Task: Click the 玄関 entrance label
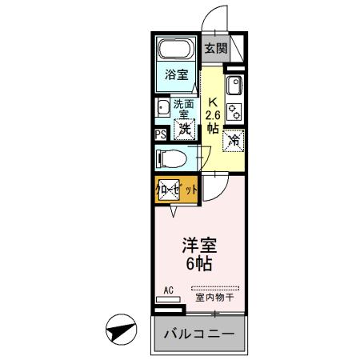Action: [215, 48]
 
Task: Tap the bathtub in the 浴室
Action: [176, 50]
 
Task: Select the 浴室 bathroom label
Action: [176, 75]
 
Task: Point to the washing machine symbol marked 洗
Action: [185, 128]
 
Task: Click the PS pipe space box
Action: [159, 134]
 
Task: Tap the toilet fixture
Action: [170, 158]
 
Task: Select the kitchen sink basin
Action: [234, 88]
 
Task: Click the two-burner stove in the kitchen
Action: [234, 111]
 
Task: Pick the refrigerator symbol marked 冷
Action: [234, 140]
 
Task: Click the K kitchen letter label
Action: [213, 102]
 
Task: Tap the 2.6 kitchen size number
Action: [212, 115]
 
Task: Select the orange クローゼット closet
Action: [175, 190]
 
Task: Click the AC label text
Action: [169, 290]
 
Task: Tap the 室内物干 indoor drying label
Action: [214, 298]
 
